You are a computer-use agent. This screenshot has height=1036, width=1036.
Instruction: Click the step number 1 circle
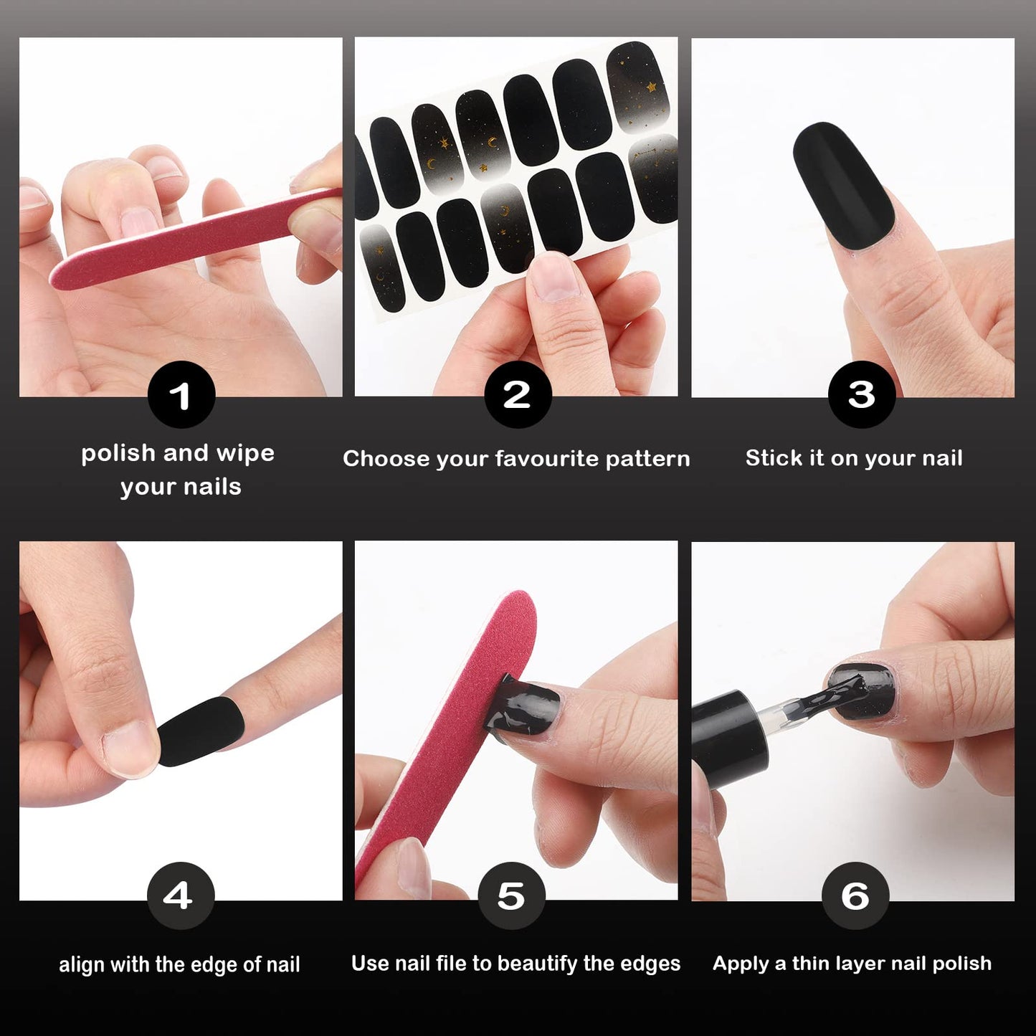[181, 394]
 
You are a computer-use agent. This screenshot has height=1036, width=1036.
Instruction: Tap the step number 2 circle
[518, 394]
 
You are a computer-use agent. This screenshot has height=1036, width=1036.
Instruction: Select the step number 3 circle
[861, 394]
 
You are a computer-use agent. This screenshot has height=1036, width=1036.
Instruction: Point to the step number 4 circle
[181, 895]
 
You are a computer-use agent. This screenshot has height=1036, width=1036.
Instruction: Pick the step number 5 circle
[511, 895]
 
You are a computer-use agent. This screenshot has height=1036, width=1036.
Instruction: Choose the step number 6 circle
[855, 895]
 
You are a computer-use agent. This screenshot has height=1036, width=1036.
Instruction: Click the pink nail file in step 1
[196, 239]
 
